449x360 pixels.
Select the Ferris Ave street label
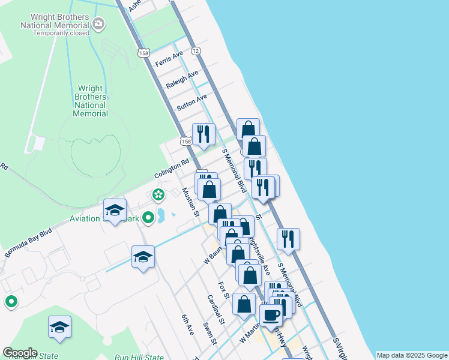point(169,59)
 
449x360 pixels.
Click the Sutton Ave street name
point(191,102)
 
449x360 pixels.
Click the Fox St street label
point(224,291)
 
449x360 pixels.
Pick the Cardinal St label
point(215,310)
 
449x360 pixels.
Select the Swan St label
point(209,333)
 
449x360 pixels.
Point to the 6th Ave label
point(188,325)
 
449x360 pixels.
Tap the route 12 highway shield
point(196,52)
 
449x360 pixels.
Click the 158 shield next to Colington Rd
point(186,141)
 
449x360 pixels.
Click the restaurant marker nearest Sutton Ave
point(203,134)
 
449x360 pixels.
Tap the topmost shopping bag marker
point(248,128)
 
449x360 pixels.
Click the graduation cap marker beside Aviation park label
point(115,210)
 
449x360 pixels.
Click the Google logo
point(20,353)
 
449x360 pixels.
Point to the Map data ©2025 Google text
point(412,355)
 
